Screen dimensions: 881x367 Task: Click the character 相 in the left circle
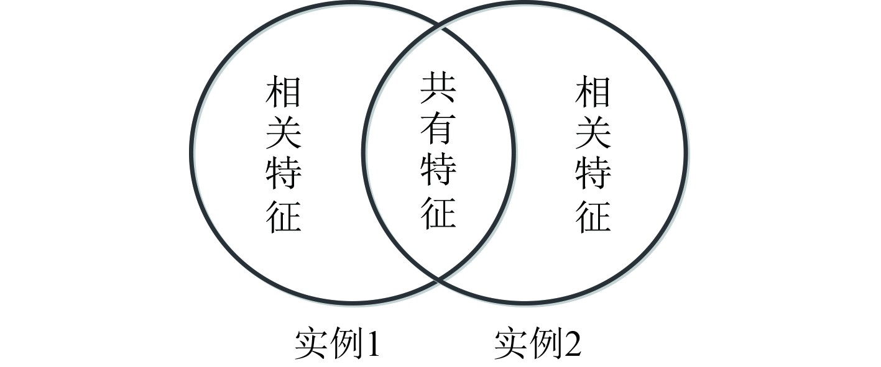point(284,92)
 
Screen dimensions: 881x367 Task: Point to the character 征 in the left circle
point(284,215)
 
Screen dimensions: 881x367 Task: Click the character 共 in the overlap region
point(438,88)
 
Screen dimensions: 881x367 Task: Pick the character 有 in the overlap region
point(438,129)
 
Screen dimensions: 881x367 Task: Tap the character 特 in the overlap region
point(438,170)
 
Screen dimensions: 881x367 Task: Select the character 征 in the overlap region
point(438,211)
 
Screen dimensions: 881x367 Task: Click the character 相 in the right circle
point(593,92)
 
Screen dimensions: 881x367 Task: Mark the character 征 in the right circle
point(593,215)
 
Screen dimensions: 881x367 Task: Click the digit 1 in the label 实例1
point(372,344)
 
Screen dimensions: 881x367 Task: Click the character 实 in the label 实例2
point(511,344)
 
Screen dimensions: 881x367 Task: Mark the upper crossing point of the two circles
point(440,25)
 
